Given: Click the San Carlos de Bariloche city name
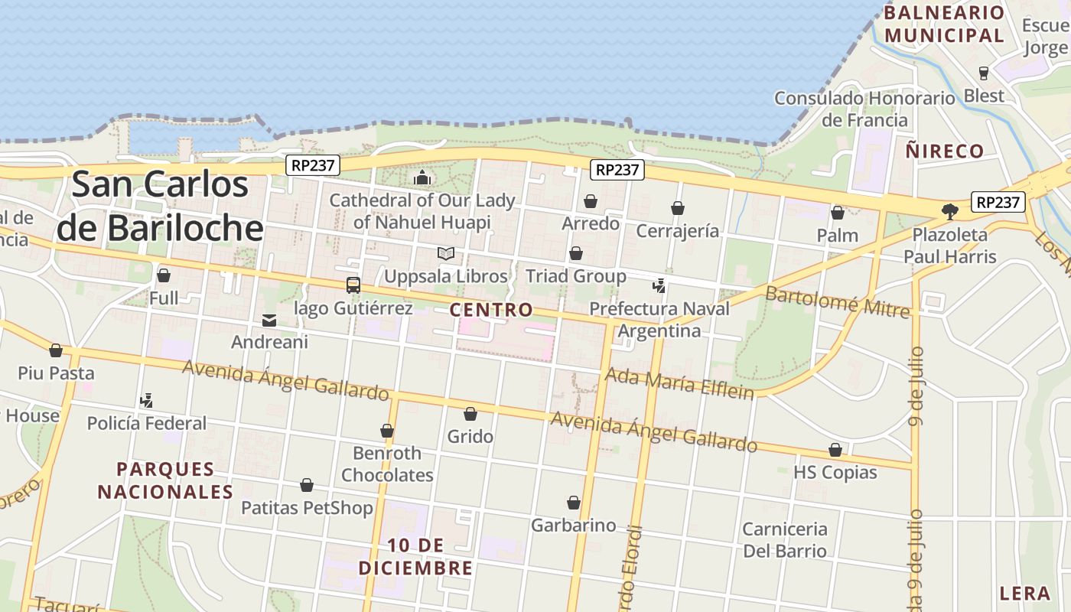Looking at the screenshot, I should (161, 207).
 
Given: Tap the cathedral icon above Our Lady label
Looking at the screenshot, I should (422, 177).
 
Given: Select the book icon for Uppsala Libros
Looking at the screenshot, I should (446, 253).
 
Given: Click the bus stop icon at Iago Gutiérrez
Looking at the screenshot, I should (353, 285).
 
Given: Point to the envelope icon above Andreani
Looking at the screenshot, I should (269, 320).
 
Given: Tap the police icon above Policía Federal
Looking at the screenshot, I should (146, 400).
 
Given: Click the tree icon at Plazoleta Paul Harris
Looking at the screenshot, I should (950, 211).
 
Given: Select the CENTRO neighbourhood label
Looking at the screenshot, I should (491, 310).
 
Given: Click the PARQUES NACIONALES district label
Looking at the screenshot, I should (165, 480).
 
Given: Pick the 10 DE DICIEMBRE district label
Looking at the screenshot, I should (415, 557).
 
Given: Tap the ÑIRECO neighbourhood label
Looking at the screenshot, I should (945, 151).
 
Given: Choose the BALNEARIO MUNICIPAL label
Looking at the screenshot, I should (944, 24).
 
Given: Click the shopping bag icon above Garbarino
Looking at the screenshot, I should (574, 503).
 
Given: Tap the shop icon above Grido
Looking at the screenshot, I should (470, 414).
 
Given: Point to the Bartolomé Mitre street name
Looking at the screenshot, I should (838, 301).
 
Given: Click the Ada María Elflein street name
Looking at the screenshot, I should (679, 382).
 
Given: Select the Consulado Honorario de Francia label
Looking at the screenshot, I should (864, 109).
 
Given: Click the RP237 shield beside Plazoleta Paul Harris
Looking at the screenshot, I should (998, 202).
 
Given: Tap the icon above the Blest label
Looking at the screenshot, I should (984, 73).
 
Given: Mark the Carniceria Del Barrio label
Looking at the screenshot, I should (785, 539).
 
